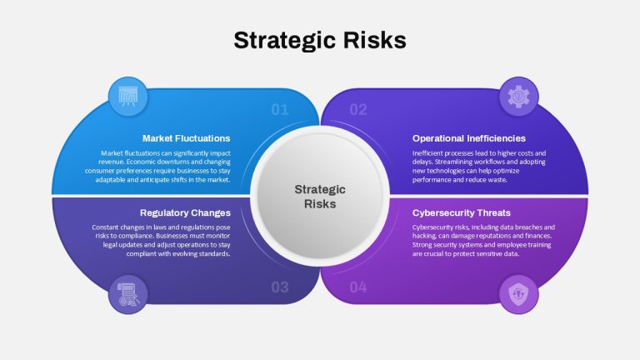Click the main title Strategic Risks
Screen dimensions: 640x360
coord(320,40)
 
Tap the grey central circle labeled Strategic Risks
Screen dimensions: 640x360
coord(320,197)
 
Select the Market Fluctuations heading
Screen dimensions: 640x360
coord(186,138)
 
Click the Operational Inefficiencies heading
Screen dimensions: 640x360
coord(469,138)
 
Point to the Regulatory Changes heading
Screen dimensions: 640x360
coord(185,212)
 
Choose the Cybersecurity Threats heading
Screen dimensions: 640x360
coord(461,212)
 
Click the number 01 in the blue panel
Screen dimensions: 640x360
coord(280,109)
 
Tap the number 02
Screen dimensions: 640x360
coord(358,109)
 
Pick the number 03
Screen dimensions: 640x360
coord(280,287)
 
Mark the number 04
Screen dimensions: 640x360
coord(358,287)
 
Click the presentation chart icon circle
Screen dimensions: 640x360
coord(128,97)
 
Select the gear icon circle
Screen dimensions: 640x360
coord(519,97)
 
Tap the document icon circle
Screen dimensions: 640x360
coord(128,294)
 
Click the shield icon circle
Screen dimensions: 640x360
coord(519,294)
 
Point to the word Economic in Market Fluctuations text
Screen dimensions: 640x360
coord(139,162)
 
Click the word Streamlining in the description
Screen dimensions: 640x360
coord(453,162)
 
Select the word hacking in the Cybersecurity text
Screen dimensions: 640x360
coord(423,236)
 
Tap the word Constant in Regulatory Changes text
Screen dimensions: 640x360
coord(105,227)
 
